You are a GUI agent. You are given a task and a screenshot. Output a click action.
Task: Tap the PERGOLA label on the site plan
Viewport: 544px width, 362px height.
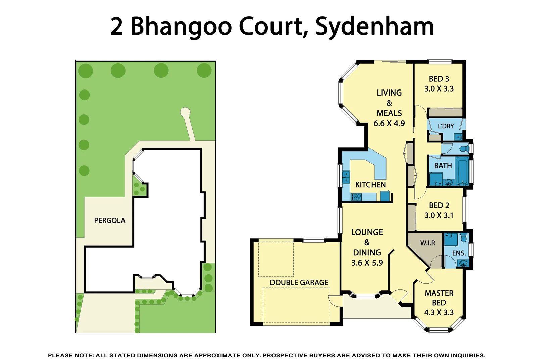tap(109, 221)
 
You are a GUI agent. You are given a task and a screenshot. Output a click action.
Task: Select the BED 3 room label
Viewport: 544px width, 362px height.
tap(439, 79)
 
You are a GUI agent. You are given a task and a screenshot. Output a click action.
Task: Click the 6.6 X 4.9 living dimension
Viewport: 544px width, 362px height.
tap(389, 123)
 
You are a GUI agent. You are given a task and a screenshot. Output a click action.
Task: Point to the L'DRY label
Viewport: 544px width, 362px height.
tap(446, 126)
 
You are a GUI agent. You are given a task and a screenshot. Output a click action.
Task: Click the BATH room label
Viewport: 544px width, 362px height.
tap(443, 166)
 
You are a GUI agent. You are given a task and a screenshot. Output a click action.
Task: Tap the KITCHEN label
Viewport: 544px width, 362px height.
tap(370, 185)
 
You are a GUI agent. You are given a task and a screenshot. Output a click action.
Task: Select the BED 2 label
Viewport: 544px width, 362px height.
tap(439, 205)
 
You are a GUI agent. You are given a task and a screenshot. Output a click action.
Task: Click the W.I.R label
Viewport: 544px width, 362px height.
tap(427, 243)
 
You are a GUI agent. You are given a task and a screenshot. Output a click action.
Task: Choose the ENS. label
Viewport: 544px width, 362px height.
tap(459, 253)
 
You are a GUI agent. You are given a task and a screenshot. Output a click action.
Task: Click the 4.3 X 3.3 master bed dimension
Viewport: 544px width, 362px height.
tap(439, 312)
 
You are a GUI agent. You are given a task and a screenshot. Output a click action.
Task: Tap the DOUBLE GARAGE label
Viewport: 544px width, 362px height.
tap(299, 283)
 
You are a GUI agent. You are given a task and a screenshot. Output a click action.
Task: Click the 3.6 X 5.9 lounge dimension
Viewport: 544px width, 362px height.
tap(367, 263)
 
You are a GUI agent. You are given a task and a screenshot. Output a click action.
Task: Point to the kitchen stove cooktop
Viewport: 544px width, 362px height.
tap(356, 197)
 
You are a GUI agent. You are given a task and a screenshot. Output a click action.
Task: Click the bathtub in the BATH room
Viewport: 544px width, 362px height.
tap(463, 171)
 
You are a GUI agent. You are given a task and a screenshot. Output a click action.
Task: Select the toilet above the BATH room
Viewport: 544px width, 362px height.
tap(465, 148)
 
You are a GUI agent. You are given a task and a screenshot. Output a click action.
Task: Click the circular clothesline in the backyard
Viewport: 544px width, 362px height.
tap(185, 112)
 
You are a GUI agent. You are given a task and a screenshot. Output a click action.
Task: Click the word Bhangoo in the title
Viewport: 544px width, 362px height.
tap(181, 27)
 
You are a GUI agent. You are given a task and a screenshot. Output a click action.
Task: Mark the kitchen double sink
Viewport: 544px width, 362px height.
tap(346, 177)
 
